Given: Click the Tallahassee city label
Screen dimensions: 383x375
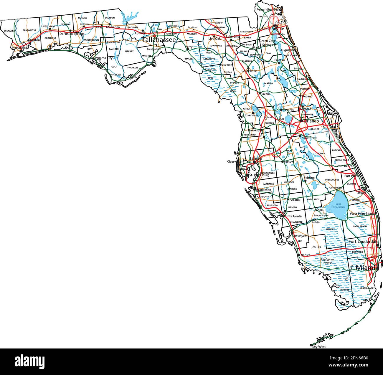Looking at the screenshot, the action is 159,39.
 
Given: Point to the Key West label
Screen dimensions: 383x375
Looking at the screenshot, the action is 319,347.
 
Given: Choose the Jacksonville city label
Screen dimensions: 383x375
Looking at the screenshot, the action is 273,29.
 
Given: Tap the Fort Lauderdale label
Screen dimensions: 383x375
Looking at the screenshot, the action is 363,242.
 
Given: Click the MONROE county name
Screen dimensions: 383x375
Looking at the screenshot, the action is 344,290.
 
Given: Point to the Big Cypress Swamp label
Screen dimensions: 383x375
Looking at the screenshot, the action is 327,261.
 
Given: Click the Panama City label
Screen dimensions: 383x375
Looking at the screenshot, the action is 104,58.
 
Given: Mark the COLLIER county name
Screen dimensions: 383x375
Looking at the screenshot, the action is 317,247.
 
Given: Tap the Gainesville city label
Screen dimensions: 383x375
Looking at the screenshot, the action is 249,71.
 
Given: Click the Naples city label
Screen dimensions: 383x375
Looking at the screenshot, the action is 306,255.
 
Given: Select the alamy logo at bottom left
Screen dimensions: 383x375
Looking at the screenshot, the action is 29,361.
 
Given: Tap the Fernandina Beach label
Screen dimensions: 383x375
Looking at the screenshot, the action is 268,9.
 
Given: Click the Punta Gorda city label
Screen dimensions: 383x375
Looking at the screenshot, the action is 293,216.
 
